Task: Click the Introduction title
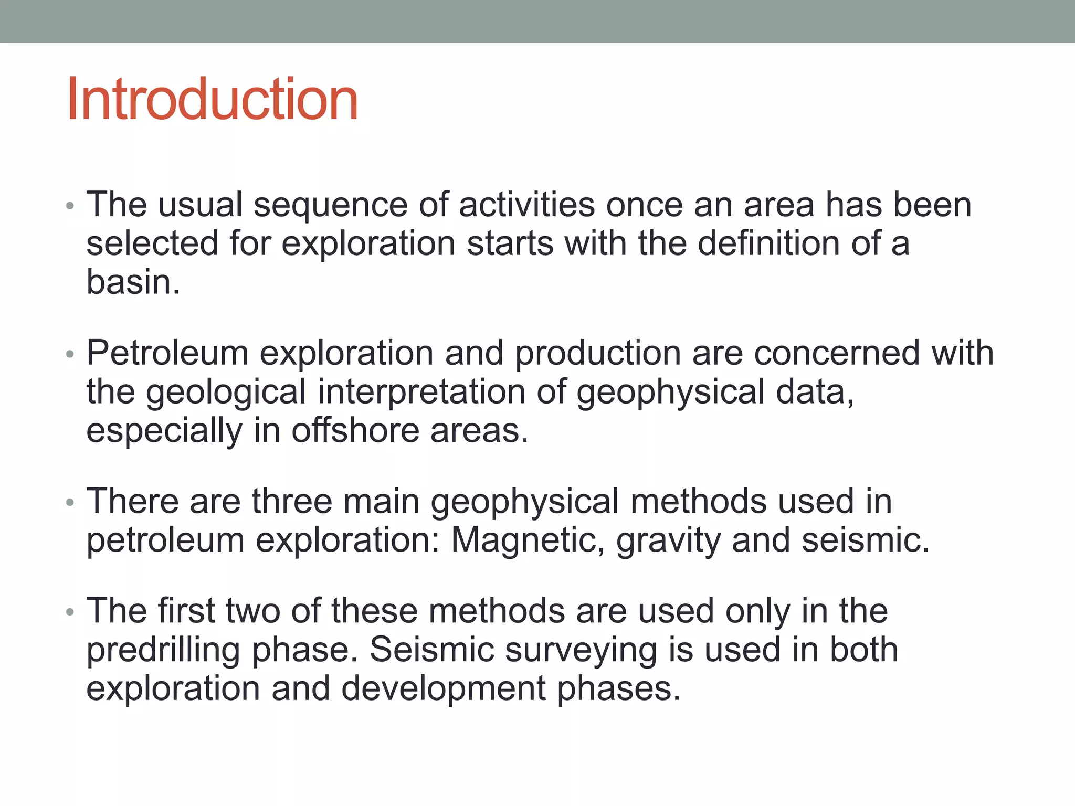point(213,99)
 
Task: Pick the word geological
point(226,393)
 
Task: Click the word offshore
point(355,431)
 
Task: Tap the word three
point(292,501)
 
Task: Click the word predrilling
point(163,651)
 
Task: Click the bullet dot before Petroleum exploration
point(70,355)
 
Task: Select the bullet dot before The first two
point(70,612)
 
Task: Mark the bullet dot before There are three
point(70,503)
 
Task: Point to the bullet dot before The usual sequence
point(70,206)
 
